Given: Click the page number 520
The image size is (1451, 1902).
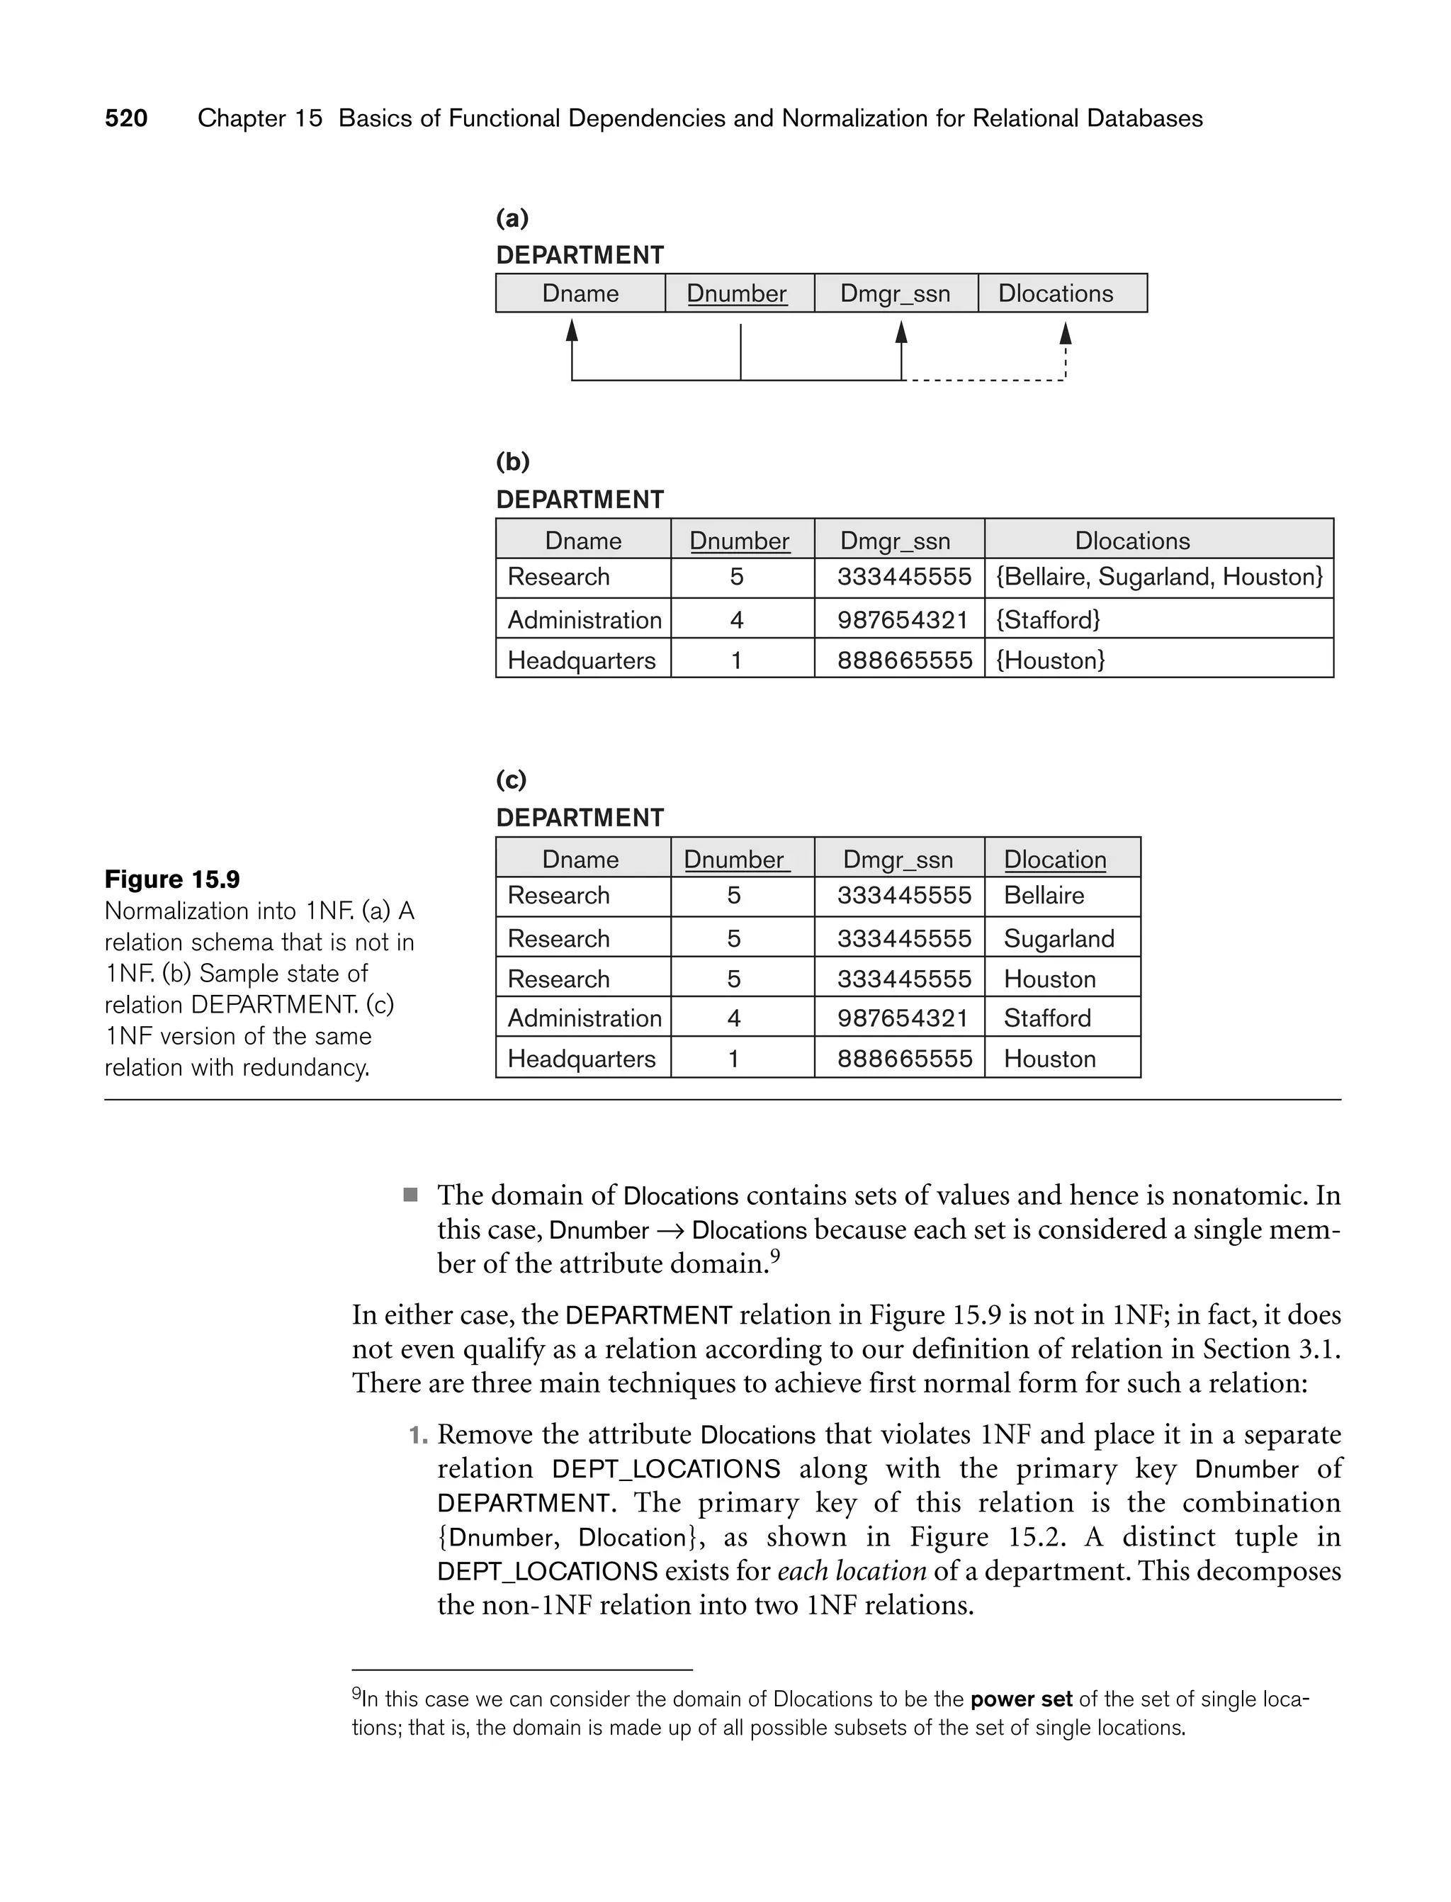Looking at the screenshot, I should (x=126, y=118).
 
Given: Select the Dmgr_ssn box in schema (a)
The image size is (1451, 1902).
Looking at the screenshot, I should (x=896, y=293).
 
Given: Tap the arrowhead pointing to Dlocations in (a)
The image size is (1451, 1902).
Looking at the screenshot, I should (x=1066, y=332).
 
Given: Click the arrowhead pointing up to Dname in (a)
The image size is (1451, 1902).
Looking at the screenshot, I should (x=572, y=331).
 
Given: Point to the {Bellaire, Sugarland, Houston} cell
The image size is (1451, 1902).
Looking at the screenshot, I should (x=1159, y=577).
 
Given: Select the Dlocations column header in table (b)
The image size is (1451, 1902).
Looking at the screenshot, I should (x=1132, y=541).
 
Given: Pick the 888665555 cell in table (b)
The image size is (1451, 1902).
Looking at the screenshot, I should (x=904, y=660).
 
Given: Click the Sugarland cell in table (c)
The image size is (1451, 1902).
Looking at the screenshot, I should (x=1059, y=938).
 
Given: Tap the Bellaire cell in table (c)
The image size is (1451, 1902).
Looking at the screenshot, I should (x=1044, y=895).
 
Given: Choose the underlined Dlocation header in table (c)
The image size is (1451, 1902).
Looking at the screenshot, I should (x=1054, y=860).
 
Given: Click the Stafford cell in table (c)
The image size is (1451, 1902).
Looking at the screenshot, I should (x=1046, y=1018).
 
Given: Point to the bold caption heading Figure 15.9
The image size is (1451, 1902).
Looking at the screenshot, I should (x=172, y=879).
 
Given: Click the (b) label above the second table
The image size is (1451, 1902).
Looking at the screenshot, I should (x=512, y=461).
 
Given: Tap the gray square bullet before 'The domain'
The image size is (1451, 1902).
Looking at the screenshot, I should (x=411, y=1195).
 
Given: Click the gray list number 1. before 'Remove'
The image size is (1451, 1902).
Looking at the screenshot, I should (x=418, y=1436).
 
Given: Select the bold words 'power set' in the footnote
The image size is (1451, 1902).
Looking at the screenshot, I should (x=1021, y=1700).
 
